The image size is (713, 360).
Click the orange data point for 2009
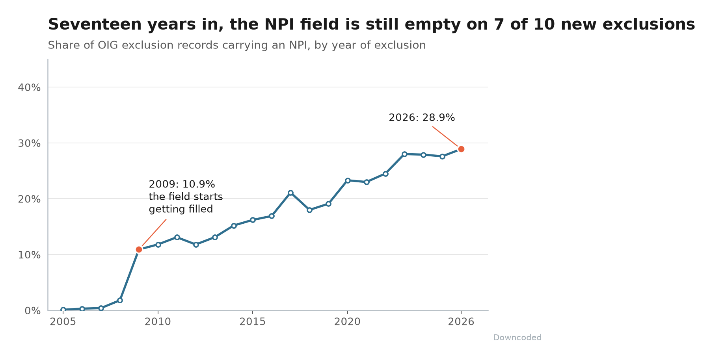pos(139,249)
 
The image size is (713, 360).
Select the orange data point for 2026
pos(461,149)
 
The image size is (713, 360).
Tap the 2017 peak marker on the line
pos(290,193)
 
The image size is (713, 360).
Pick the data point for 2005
pos(63,310)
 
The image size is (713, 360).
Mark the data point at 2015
pos(253,220)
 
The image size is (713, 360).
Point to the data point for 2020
pos(348,180)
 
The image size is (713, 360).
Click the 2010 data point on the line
pos(158,245)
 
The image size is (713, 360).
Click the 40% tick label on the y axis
pos(29,87)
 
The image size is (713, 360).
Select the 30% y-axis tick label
pos(29,143)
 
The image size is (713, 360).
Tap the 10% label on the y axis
pos(29,255)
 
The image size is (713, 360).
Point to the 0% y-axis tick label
pos(33,311)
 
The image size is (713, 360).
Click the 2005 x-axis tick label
pos(63,322)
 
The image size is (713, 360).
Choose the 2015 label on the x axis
pos(253,322)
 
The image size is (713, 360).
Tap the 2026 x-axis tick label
pos(461,322)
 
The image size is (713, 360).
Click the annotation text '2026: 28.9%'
pos(422,118)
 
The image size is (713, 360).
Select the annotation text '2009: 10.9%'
pos(182,184)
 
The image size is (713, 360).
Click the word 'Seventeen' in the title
pos(95,24)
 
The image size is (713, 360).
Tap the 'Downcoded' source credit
pos(517,338)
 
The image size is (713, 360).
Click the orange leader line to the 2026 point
pos(445,136)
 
